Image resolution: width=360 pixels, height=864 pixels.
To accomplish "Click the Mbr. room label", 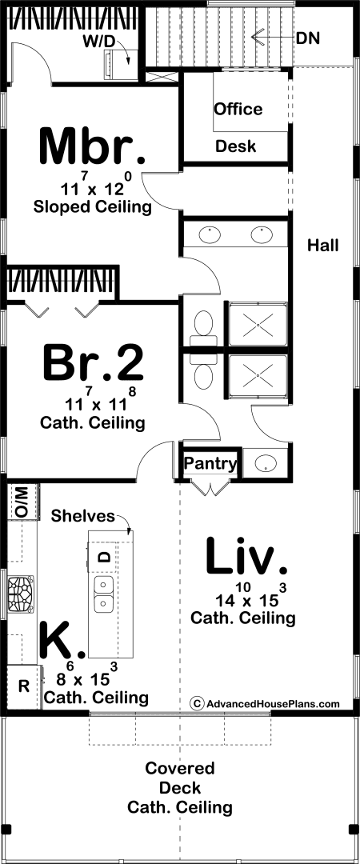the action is (93, 146).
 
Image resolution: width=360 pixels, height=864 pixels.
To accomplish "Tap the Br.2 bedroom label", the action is (94, 362).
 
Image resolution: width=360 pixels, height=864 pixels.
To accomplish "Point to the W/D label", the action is (100, 41).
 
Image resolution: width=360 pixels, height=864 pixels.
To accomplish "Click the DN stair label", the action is (308, 38).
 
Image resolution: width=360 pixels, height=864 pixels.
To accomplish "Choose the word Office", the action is (238, 109).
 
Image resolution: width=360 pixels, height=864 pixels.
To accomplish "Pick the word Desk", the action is (235, 146).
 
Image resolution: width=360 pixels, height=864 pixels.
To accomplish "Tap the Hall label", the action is (323, 246).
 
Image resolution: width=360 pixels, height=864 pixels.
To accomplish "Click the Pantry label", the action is (210, 463).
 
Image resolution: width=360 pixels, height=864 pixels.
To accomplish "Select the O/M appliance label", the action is (21, 502).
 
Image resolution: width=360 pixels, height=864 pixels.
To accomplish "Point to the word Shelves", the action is (83, 516).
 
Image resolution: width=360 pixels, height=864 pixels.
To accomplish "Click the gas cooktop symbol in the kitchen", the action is (20, 594).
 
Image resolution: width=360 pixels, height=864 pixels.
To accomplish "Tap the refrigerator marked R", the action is (24, 686).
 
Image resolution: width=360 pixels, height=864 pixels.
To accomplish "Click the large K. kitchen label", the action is (62, 642).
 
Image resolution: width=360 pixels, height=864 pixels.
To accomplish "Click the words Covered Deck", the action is (180, 778).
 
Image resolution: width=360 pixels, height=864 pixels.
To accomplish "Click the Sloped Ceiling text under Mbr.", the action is (93, 207).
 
